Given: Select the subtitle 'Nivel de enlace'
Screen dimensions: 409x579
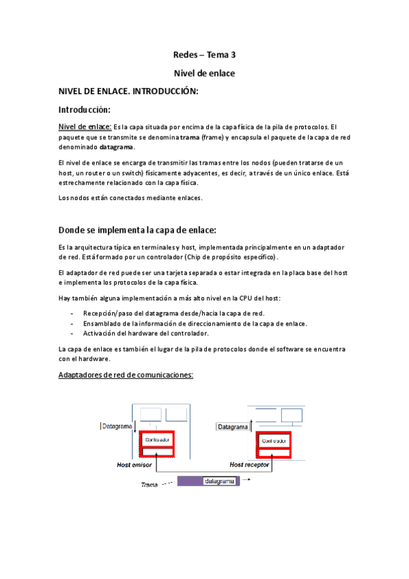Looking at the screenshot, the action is [x=204, y=73].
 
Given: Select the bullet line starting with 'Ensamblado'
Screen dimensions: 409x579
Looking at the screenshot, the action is [x=195, y=324].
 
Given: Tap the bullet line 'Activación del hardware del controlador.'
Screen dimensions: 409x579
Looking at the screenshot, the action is [x=145, y=333].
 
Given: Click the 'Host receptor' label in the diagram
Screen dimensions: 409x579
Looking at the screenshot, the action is [x=250, y=464].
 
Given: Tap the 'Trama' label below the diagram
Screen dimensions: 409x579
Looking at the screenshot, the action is [x=150, y=485].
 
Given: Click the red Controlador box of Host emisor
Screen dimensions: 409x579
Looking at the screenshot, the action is [x=156, y=439].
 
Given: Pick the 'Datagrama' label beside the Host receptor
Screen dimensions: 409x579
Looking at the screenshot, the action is [x=233, y=427].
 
